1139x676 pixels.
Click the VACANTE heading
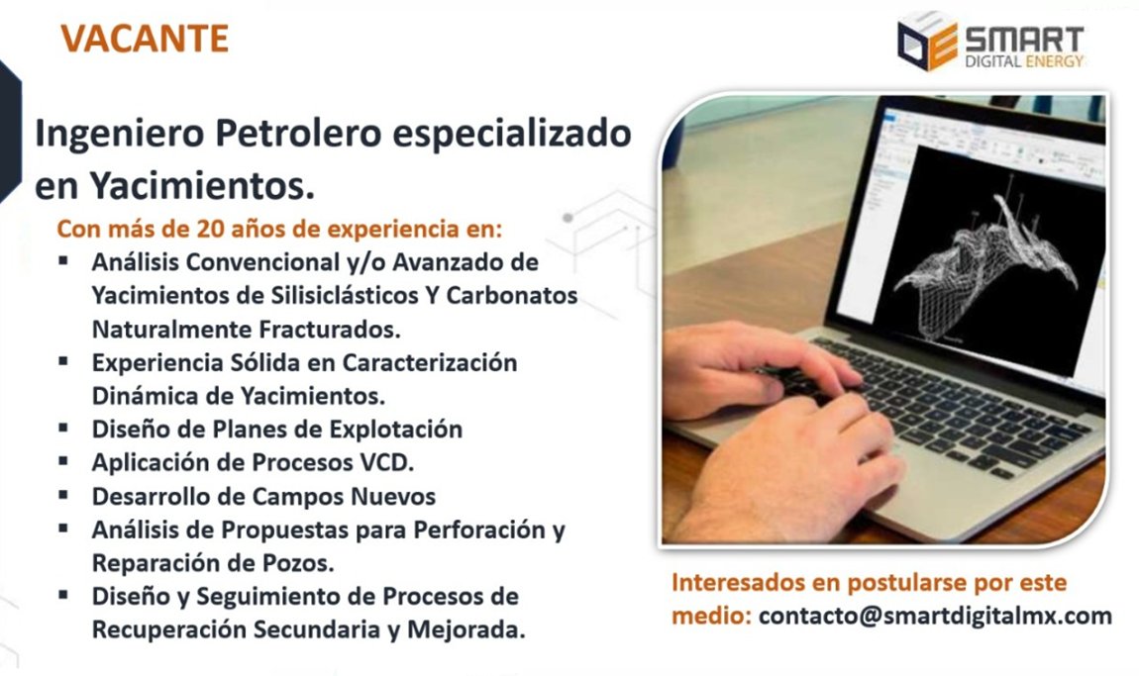pyautogui.click(x=145, y=39)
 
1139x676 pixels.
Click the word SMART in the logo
pyautogui.click(x=1023, y=39)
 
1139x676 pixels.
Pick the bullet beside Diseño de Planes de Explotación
pyautogui.click(x=64, y=429)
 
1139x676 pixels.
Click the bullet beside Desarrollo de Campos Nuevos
pyautogui.click(x=64, y=494)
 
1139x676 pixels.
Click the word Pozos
pyautogui.click(x=299, y=563)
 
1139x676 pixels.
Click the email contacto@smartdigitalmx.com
pyautogui.click(x=935, y=616)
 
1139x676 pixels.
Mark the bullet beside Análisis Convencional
pyautogui.click(x=64, y=262)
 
